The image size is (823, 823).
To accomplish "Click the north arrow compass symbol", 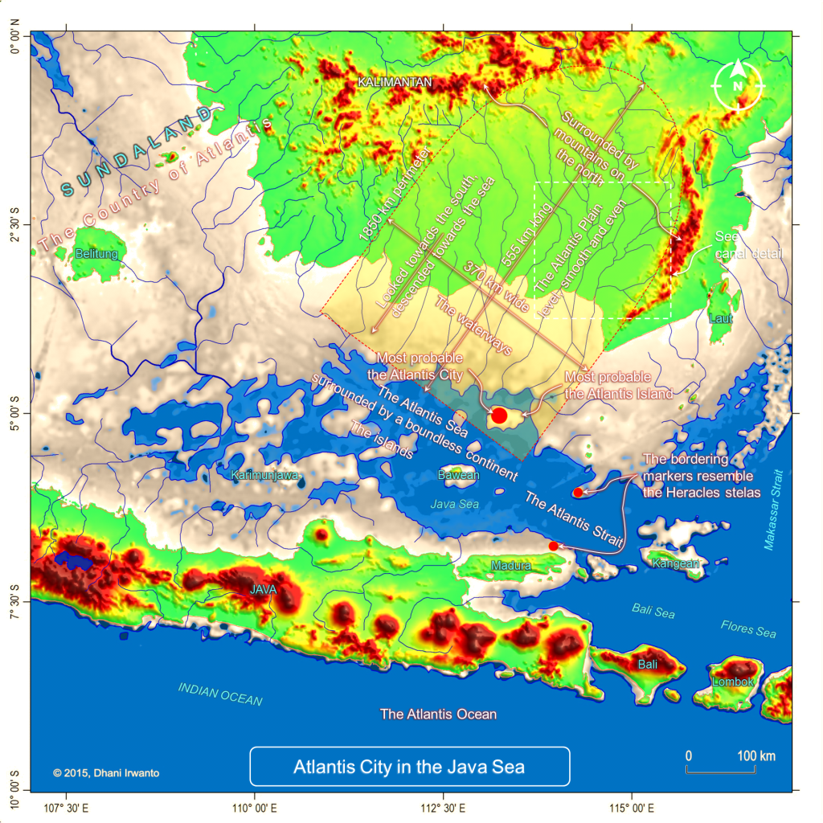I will [x=738, y=85].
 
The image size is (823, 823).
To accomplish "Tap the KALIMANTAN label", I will [x=395, y=82].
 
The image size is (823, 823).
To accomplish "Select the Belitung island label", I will [x=96, y=254].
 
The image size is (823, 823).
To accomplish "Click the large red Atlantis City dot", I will [x=498, y=416].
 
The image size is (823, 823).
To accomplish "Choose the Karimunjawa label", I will [x=265, y=475].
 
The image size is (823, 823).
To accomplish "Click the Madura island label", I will [x=510, y=566].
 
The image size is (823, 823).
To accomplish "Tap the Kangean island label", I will [x=675, y=563].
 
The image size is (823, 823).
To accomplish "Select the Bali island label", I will [x=648, y=665].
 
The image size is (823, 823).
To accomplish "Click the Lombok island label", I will [x=732, y=682].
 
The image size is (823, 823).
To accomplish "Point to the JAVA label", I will [x=263, y=589].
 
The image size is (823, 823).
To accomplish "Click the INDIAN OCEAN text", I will [x=220, y=694].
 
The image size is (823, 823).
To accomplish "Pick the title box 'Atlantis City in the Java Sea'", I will [x=409, y=767].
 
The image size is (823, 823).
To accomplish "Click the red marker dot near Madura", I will [x=553, y=546].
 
